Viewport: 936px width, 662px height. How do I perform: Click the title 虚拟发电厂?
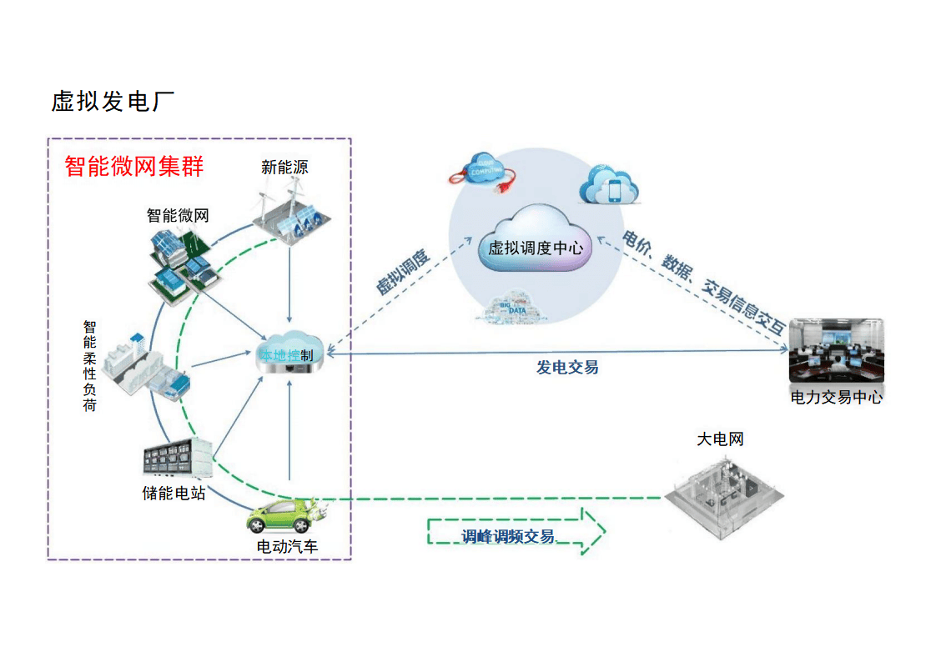pyautogui.click(x=113, y=102)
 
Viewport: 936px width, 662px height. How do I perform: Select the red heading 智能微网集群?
pyautogui.click(x=134, y=166)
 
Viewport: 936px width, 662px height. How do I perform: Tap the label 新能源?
pyautogui.click(x=284, y=168)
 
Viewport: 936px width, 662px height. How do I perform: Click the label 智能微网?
pyautogui.click(x=178, y=215)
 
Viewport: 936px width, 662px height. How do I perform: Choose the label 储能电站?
pyautogui.click(x=174, y=493)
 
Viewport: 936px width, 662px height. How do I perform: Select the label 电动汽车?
pyautogui.click(x=287, y=548)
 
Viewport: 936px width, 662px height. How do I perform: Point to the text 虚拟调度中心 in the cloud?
pyautogui.click(x=535, y=248)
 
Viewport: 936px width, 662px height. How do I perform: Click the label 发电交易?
pyautogui.click(x=567, y=367)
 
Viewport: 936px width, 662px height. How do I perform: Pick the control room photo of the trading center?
pyautogui.click(x=835, y=351)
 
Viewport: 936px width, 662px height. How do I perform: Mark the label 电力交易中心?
pyautogui.click(x=836, y=398)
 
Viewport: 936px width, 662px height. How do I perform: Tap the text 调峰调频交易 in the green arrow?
pyautogui.click(x=508, y=536)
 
